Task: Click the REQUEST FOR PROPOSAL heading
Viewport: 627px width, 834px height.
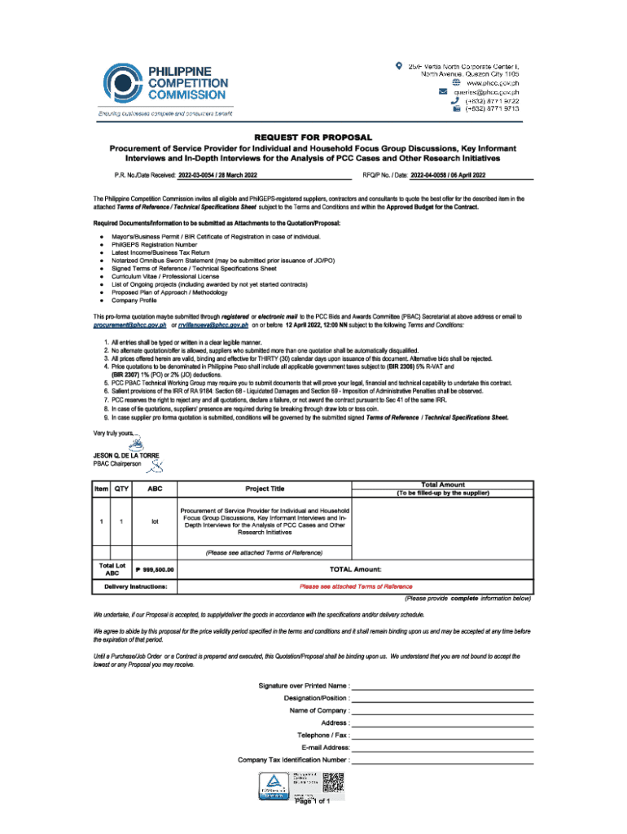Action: coord(313,137)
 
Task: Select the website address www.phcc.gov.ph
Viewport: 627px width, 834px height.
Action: coord(492,83)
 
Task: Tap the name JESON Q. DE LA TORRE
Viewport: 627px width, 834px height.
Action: coord(126,454)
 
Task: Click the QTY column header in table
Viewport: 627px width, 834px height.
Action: coord(121,489)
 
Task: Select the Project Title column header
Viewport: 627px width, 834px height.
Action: coord(265,489)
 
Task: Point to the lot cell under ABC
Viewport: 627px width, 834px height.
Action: coord(154,521)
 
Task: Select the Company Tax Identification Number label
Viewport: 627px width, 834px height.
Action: coord(293,759)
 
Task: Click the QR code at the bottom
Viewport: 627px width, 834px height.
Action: coord(334,784)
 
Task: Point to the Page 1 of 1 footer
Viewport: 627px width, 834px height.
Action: coord(313,801)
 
